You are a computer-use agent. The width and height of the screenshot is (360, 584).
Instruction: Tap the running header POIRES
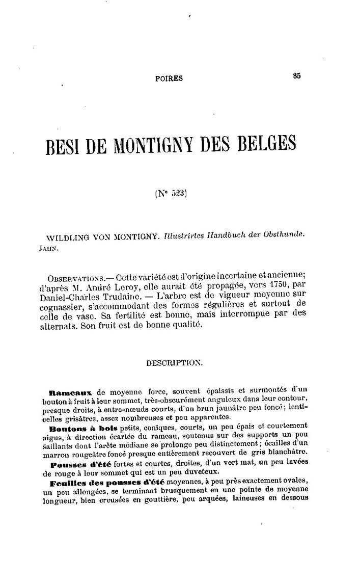169,78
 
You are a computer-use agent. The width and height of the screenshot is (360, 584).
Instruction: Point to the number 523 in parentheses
178,194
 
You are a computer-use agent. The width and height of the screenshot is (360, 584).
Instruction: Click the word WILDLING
66,238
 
